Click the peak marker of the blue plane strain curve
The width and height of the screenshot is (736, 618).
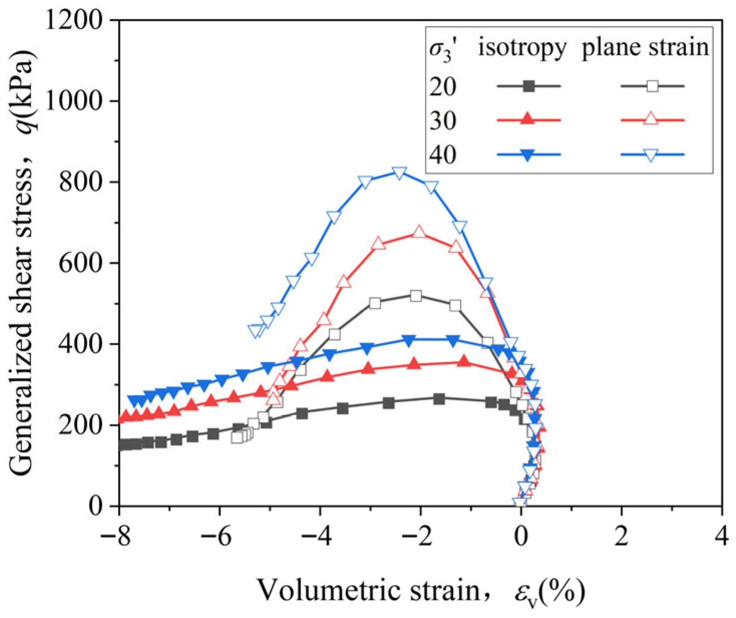[399, 173]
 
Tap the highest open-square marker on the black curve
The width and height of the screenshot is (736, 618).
[416, 296]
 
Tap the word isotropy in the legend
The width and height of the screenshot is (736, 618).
[522, 47]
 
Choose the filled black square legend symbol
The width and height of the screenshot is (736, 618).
[529, 86]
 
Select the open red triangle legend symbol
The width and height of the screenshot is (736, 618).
[651, 119]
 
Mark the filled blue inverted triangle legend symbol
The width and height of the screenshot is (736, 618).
[529, 155]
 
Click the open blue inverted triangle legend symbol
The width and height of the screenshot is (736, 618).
[651, 155]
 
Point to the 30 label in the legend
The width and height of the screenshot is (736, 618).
[443, 121]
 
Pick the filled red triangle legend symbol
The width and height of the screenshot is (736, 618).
[529, 119]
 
